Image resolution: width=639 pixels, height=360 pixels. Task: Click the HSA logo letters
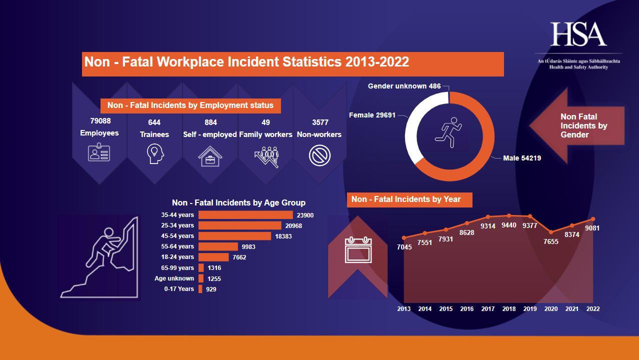[578, 34]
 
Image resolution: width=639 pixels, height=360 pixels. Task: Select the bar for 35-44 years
[245, 215]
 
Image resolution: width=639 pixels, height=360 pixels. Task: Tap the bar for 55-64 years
[218, 246]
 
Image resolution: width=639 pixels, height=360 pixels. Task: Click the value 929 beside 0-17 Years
[211, 289]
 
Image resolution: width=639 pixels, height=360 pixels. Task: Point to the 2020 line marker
[551, 232]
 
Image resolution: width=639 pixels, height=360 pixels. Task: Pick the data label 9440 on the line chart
[508, 225]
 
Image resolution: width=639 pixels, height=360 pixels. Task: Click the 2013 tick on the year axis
[404, 309]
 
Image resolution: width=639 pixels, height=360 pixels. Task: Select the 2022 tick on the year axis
[592, 309]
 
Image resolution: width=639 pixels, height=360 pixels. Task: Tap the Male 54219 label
[522, 158]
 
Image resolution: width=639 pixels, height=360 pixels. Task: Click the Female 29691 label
[372, 115]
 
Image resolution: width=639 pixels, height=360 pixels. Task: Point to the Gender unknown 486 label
[404, 86]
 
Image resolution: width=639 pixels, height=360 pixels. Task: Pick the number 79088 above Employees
[100, 121]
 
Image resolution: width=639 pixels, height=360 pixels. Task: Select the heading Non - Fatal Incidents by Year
[406, 199]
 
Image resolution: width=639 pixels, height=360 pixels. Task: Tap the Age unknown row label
[174, 278]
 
